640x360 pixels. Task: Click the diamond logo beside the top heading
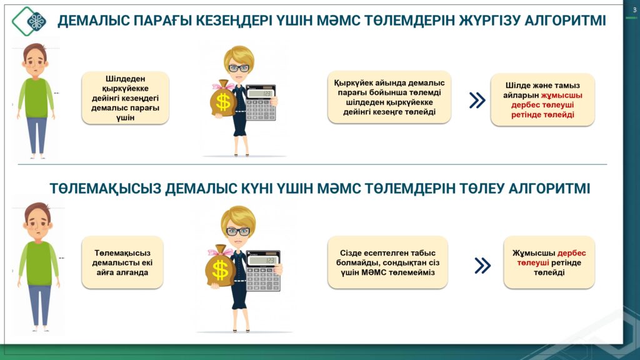29,21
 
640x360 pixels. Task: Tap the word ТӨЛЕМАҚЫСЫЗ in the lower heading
105,189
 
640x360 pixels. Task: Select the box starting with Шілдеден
125,98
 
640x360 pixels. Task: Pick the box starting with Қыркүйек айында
389,97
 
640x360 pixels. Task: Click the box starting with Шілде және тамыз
542,99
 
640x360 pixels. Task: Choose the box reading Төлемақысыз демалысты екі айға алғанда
122,262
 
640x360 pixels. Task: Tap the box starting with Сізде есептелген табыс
387,262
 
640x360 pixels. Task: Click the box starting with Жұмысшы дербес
549,262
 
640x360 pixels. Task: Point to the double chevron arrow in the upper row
477,100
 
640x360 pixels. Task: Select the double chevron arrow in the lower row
482,265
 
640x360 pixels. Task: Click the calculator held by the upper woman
261,102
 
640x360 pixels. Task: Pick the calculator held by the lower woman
263,271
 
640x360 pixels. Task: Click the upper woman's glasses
239,68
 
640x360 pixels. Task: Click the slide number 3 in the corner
634,10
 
